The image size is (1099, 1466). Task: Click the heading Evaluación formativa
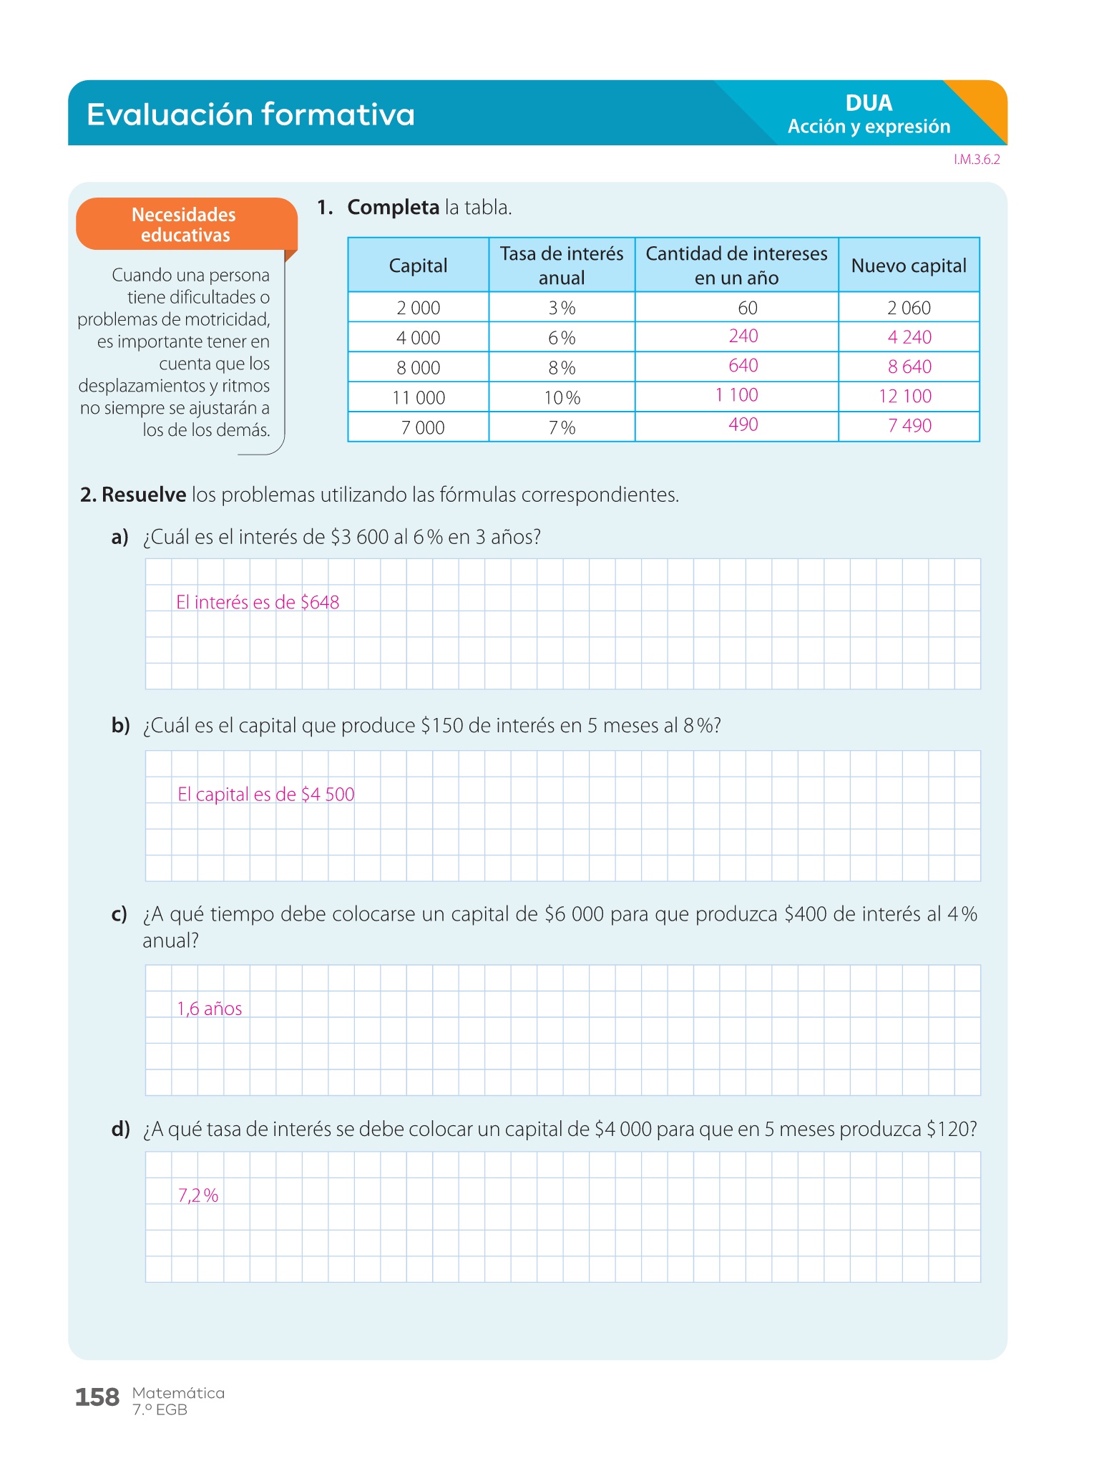[250, 115]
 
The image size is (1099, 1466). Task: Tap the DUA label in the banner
[869, 103]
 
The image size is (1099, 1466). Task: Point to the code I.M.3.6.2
[977, 160]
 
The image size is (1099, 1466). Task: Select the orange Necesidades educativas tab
[185, 225]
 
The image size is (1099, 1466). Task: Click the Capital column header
[418, 266]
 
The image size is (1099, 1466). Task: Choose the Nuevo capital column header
[909, 266]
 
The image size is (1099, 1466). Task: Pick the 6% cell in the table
[562, 338]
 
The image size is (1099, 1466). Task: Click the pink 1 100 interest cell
[736, 395]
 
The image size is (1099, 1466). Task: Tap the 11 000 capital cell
[419, 398]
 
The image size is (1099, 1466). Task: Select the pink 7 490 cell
[909, 426]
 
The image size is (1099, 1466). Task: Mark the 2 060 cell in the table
[909, 308]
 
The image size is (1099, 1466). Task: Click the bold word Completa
[393, 208]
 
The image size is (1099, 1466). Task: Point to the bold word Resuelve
[144, 495]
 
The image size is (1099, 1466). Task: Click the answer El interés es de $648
[258, 603]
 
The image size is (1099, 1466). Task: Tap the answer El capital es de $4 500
[266, 795]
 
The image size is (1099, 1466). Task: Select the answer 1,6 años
[210, 1009]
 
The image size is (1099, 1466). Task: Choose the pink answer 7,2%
[198, 1195]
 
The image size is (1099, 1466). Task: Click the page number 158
[97, 1397]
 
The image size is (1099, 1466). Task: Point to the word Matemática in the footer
[178, 1393]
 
